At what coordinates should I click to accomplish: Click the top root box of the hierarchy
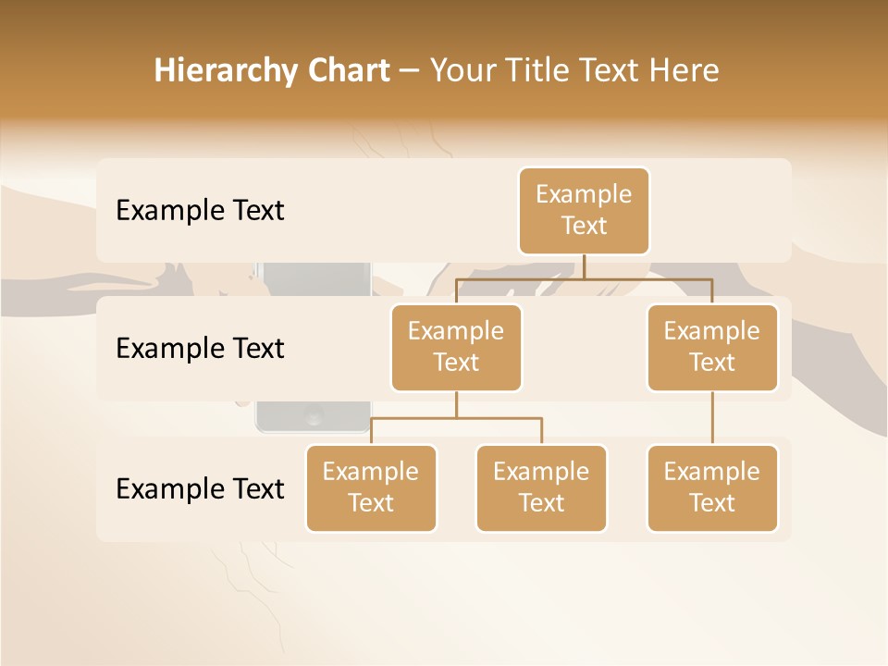(x=584, y=211)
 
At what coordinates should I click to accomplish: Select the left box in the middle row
(x=456, y=347)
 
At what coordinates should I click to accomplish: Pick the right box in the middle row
(x=711, y=347)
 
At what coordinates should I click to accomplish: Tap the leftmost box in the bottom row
(x=371, y=487)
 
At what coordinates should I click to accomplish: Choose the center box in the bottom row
(x=541, y=487)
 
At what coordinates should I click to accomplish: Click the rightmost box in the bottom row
(x=711, y=487)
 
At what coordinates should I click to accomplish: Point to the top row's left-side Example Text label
(x=200, y=211)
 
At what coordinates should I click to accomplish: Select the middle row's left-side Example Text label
(x=200, y=349)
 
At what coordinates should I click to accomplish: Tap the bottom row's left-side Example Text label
(x=200, y=489)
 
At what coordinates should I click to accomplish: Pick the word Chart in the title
(x=348, y=71)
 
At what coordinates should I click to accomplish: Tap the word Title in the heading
(x=536, y=71)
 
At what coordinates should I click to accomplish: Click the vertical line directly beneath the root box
(x=584, y=266)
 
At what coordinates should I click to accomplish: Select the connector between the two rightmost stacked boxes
(x=712, y=418)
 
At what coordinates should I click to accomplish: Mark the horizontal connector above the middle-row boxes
(x=584, y=277)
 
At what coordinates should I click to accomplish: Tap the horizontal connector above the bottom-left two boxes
(x=456, y=418)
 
